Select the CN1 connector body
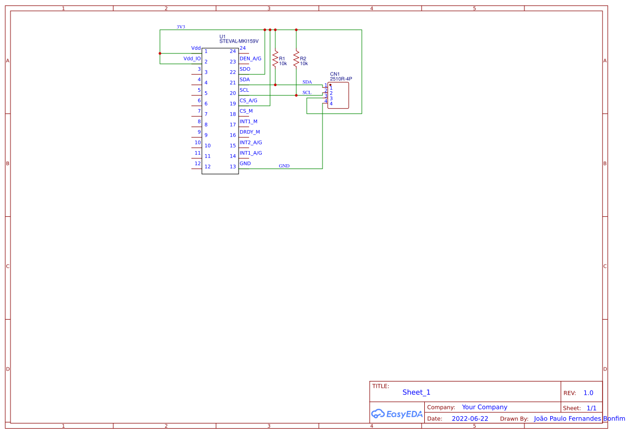(x=338, y=96)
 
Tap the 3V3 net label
(x=180, y=27)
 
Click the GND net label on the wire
(x=284, y=166)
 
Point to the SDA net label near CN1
(x=307, y=82)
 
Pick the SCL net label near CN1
(x=307, y=92)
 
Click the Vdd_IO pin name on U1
(x=192, y=59)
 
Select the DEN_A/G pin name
(x=250, y=59)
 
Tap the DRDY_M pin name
(x=250, y=132)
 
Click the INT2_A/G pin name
(x=251, y=143)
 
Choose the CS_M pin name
(x=246, y=111)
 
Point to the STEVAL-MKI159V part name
(x=239, y=41)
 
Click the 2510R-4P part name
(x=341, y=79)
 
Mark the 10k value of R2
(x=304, y=63)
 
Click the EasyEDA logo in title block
(x=397, y=414)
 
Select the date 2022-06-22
(x=469, y=419)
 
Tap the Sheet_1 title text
(x=416, y=392)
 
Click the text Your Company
(x=485, y=407)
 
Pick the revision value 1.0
(x=588, y=393)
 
